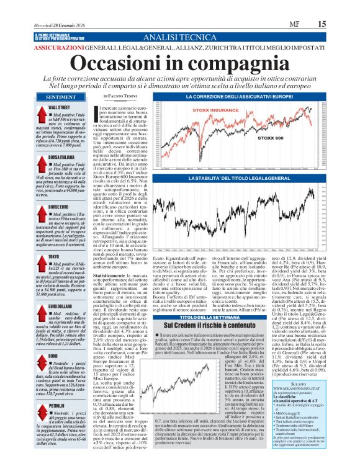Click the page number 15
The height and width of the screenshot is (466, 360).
click(x=338, y=23)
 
